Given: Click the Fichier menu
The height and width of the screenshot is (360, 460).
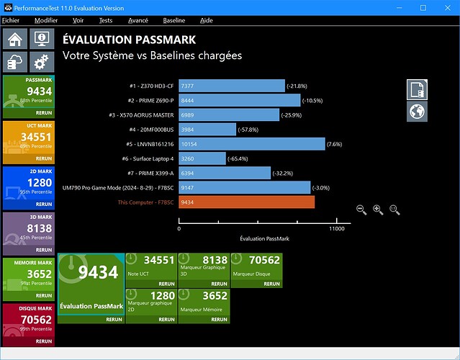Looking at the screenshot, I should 11,21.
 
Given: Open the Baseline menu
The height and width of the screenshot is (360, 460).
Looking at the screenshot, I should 173,21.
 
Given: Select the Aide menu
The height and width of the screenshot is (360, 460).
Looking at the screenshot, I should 207,21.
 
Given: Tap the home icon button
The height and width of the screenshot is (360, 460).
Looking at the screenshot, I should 15,39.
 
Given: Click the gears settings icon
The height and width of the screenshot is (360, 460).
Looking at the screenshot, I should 41,60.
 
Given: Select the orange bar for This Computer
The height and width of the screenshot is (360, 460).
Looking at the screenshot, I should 247,202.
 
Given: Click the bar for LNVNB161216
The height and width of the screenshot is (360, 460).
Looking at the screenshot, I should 252,144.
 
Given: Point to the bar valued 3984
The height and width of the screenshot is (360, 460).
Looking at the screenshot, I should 207,130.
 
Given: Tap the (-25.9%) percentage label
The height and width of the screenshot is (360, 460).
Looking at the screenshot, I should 294,115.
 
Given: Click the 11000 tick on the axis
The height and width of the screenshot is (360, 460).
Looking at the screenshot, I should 336,229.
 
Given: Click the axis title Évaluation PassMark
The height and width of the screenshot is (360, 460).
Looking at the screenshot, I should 264,238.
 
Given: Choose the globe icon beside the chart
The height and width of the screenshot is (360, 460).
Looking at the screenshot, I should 417,111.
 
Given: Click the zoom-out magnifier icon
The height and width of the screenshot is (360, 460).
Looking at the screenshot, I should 361,210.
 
